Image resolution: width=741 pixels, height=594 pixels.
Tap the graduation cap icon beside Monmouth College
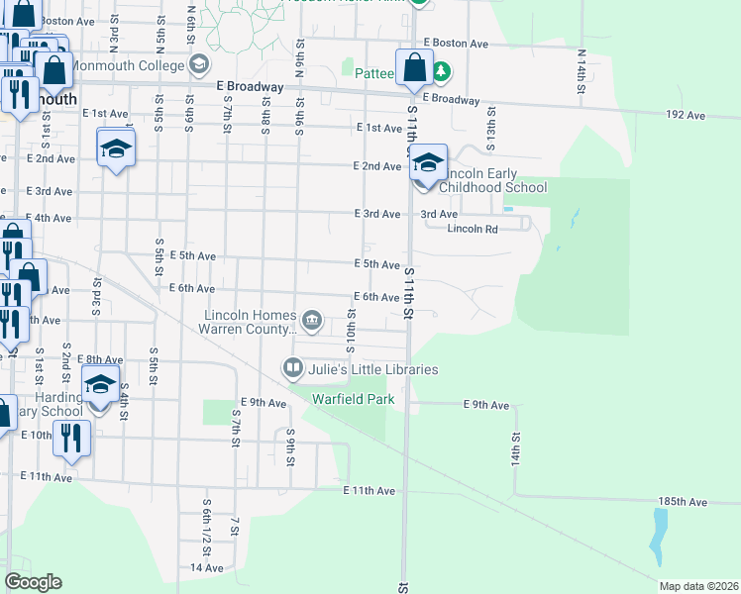(199, 65)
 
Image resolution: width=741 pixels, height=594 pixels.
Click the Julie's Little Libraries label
(372, 369)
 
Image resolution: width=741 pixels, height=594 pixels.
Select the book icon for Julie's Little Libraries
(293, 369)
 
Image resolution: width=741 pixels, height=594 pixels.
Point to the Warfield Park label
(354, 399)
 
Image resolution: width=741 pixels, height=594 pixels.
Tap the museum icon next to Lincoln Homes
(312, 319)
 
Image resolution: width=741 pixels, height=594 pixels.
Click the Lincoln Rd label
(472, 229)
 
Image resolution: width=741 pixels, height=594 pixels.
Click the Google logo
(33, 582)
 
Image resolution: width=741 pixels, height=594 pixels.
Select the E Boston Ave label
(456, 44)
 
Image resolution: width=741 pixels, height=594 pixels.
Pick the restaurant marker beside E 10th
(71, 437)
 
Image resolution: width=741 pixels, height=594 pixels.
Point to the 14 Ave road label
(207, 568)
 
